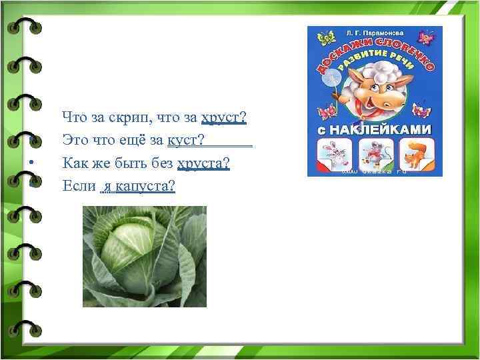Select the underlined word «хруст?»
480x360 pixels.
click(224, 118)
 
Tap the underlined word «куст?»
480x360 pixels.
click(186, 140)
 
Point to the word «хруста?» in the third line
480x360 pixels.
click(204, 163)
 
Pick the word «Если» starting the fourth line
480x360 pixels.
click(79, 185)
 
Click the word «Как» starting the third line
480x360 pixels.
click(73, 163)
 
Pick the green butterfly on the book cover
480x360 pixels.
click(326, 39)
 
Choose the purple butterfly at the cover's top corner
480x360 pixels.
click(425, 39)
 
